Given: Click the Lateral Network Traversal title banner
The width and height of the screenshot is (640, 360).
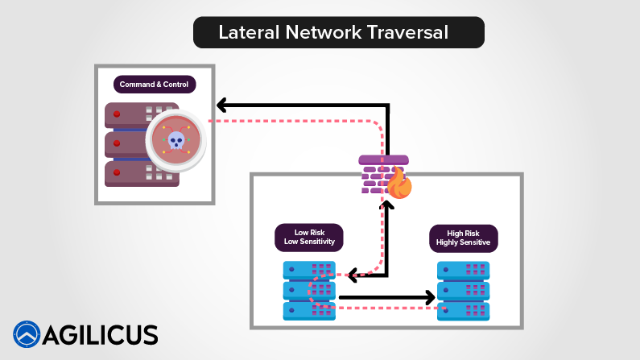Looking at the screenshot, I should [x=338, y=32].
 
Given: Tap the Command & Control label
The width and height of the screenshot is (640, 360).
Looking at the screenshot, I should [x=153, y=84].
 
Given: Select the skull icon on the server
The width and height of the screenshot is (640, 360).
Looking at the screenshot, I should [x=175, y=140].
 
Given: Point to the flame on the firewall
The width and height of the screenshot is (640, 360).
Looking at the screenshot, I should [x=399, y=184].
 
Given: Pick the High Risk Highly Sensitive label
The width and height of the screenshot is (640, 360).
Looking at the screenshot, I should [x=462, y=237].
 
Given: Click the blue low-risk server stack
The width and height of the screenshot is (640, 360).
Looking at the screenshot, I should [x=309, y=291].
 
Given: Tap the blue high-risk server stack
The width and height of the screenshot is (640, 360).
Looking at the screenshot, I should [x=464, y=291].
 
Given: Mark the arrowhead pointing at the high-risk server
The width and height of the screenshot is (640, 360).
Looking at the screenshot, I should [x=428, y=298].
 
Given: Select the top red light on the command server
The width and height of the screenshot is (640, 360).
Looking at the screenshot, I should [x=117, y=115].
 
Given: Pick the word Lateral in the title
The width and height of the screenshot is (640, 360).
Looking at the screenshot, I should [x=245, y=32].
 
